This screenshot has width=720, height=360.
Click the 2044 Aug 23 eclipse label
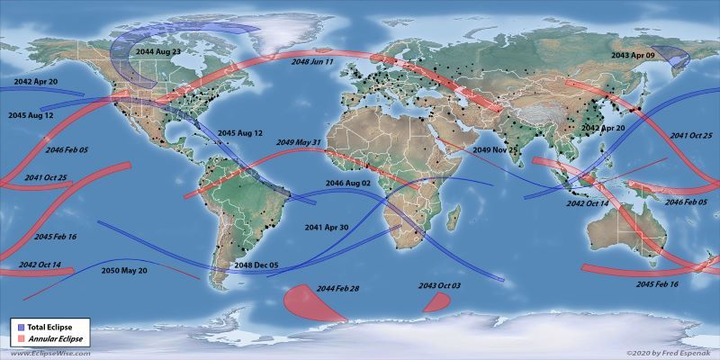click(x=158, y=52)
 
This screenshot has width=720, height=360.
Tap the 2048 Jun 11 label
click(x=312, y=62)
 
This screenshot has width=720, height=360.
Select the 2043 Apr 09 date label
click(x=633, y=55)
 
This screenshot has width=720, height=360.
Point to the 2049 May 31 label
click(x=300, y=142)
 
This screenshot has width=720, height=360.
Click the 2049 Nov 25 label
click(x=494, y=149)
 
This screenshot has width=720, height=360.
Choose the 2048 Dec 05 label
click(x=257, y=265)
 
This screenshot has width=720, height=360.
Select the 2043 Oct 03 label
click(x=438, y=286)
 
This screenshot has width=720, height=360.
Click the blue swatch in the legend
click(x=19, y=324)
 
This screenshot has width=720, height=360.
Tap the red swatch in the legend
click(x=19, y=337)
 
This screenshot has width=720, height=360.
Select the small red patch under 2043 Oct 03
click(x=436, y=302)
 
